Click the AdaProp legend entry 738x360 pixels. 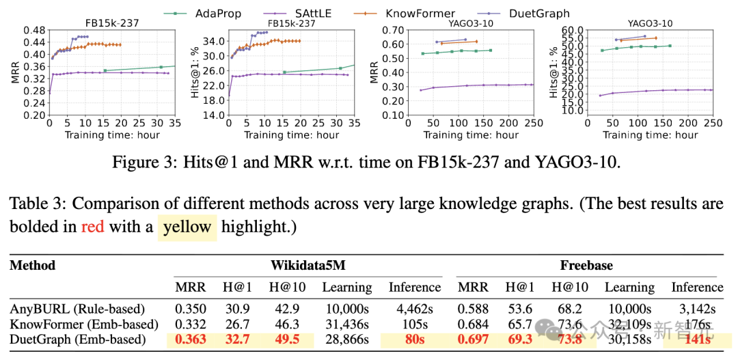pyautogui.click(x=218, y=13)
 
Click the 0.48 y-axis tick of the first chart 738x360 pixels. pyautogui.click(x=35, y=31)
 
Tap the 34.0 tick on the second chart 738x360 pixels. pyautogui.click(x=213, y=40)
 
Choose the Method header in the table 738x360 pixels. pyautogui.click(x=32, y=265)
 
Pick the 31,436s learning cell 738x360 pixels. pyautogui.click(x=347, y=323)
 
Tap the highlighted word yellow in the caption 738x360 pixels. pyautogui.click(x=187, y=227)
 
